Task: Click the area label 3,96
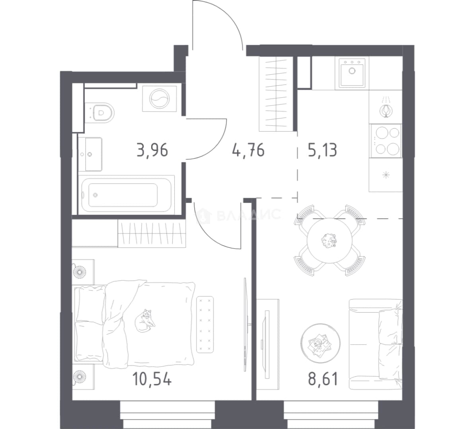click(152, 150)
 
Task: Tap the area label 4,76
click(248, 150)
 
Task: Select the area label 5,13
click(322, 150)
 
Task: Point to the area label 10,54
click(152, 379)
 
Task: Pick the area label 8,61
click(323, 379)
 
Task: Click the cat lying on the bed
click(145, 321)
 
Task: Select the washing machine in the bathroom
click(160, 99)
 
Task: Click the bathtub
click(126, 194)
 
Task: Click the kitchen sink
click(352, 73)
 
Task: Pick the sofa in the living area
click(376, 344)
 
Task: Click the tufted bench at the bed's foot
click(205, 325)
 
